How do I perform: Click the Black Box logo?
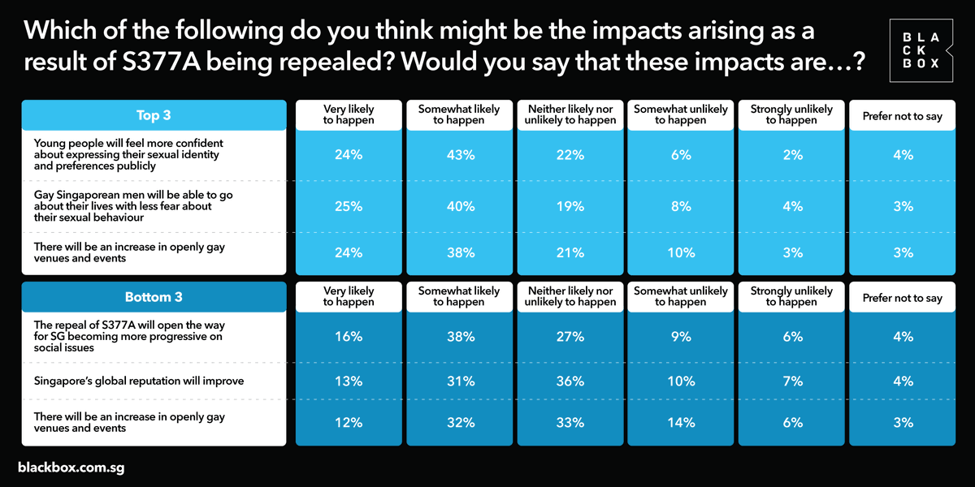921,50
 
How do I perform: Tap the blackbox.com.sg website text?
71,468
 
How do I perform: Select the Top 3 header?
154,115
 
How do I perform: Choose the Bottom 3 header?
154,297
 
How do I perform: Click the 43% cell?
461,155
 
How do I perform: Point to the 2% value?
793,155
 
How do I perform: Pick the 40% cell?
461,206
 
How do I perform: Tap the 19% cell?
570,206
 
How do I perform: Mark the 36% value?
570,381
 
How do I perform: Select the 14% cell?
681,422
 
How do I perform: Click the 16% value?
349,337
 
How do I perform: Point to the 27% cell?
570,337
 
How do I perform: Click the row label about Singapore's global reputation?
139,381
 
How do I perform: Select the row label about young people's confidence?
128,154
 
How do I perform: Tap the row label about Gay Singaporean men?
133,206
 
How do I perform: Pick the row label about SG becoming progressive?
129,336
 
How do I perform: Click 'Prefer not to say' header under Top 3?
903,116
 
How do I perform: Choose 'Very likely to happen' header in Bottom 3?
349,296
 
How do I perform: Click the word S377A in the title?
161,62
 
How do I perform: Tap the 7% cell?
793,381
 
